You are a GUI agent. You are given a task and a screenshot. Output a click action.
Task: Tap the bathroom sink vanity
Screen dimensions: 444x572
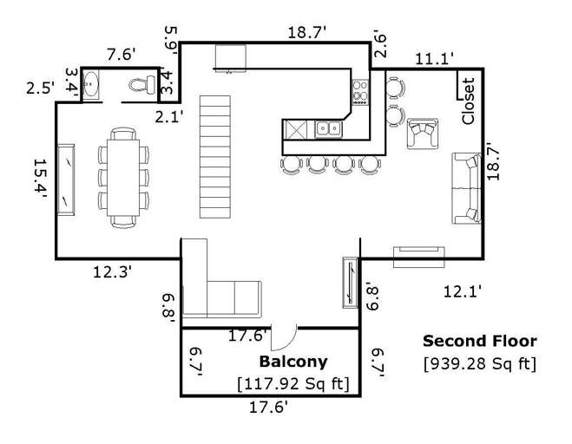tap(93, 85)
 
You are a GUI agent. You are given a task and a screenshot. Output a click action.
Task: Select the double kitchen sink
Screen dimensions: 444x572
tap(329, 129)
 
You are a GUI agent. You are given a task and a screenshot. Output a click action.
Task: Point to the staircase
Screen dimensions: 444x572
tap(215, 156)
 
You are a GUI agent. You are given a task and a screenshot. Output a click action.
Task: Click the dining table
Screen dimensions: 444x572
tap(122, 177)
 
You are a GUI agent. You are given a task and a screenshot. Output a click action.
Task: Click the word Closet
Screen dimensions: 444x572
tap(469, 102)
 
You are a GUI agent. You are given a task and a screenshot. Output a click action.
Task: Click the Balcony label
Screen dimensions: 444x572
tap(293, 362)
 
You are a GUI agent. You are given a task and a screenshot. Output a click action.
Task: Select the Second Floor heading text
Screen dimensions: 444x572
tap(479, 342)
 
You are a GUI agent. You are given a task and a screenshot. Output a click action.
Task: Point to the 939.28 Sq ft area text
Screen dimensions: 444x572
tap(479, 363)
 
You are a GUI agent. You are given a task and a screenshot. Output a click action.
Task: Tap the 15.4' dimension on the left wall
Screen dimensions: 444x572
tap(39, 180)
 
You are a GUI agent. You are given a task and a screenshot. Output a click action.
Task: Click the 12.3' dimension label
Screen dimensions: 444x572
tap(113, 272)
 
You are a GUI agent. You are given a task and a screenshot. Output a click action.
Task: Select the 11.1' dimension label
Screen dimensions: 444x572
tap(433, 58)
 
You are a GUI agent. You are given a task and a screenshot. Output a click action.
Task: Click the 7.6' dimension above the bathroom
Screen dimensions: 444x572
tap(121, 55)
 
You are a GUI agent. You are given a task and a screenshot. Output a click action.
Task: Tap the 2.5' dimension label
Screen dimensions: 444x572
tap(40, 88)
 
